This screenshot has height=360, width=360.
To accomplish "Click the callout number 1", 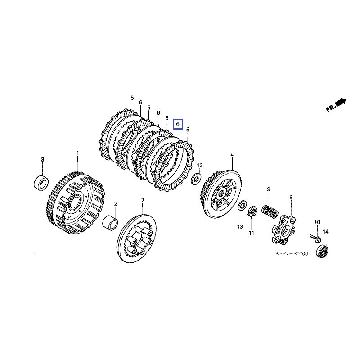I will tap(77, 153).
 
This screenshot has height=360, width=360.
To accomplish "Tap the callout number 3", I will tap(43, 160).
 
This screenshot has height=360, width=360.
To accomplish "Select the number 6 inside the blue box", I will tap(178, 123).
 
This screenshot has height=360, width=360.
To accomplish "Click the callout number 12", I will tap(200, 166).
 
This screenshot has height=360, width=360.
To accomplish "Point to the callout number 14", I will tap(326, 232).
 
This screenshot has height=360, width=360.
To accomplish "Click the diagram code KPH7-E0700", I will tap(291, 254).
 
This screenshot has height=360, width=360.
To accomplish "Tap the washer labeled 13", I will tap(242, 206).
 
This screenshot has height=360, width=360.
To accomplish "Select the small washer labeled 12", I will tap(197, 179).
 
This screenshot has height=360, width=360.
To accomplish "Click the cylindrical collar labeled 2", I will tap(112, 223).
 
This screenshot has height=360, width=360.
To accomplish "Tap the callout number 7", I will tap(143, 200).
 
